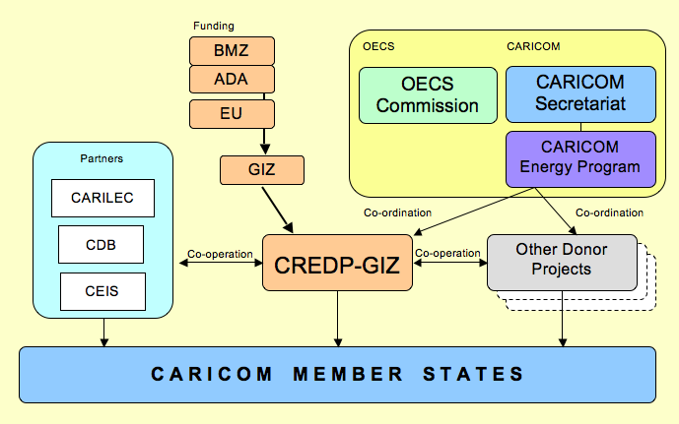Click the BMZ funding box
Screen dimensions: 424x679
[x=231, y=50]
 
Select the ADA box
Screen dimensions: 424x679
[x=231, y=79]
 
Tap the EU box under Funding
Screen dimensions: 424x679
[x=231, y=113]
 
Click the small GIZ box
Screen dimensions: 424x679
[x=261, y=171]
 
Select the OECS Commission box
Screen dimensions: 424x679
[x=427, y=95]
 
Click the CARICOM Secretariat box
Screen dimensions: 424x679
[x=580, y=95]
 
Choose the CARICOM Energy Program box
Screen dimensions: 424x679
[x=580, y=157]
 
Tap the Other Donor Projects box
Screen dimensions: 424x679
[x=562, y=261]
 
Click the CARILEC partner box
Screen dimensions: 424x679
[x=102, y=198]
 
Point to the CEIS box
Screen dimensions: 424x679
[x=102, y=290]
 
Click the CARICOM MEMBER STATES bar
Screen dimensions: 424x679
[x=337, y=374]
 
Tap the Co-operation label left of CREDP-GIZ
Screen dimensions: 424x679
[x=219, y=254]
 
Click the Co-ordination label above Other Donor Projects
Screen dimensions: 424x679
[x=609, y=212]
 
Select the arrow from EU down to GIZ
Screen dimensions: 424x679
[x=265, y=140]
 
